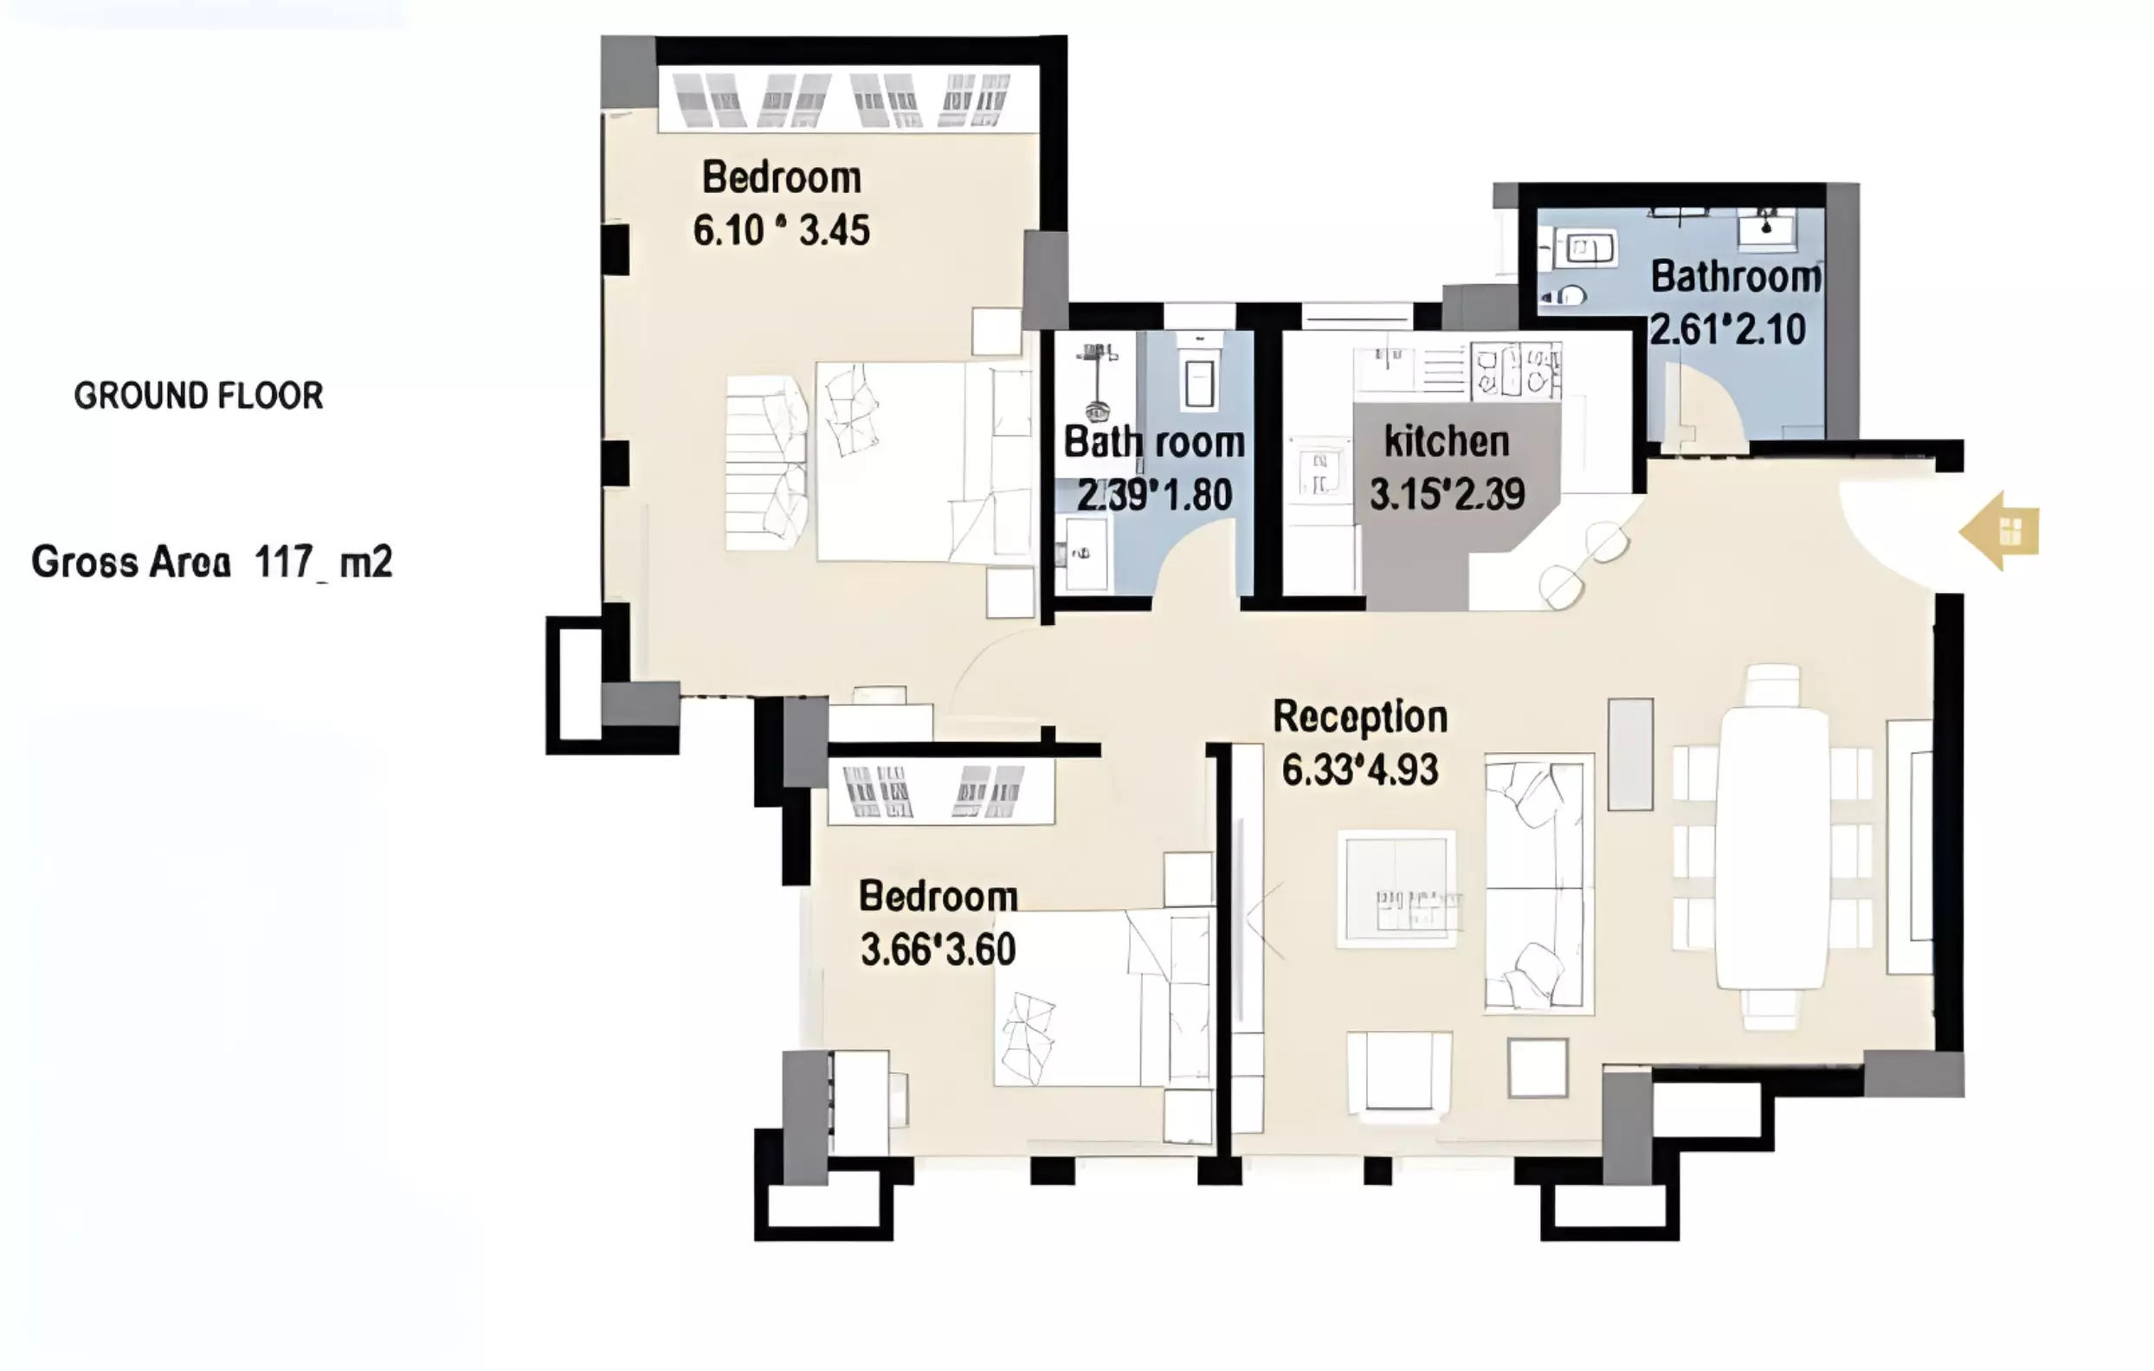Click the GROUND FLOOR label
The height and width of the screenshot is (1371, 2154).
pos(198,396)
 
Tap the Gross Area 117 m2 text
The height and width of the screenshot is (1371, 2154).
pos(212,563)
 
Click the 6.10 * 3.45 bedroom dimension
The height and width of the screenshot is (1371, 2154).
pos(781,231)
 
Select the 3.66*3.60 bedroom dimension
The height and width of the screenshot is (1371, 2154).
pos(938,949)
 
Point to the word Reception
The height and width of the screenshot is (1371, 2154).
pos(1359,718)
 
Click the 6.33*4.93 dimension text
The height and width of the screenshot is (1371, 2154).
pos(1359,770)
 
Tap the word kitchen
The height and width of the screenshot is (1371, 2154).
pos(1447,441)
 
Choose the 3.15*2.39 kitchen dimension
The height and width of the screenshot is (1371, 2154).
pos(1448,494)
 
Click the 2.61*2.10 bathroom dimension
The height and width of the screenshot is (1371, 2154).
pos(1728,330)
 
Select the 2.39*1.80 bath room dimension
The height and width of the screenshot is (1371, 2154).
pos(1154,495)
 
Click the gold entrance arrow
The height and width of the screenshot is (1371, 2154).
pos(1999,531)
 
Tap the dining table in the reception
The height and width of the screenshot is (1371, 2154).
pos(1773,848)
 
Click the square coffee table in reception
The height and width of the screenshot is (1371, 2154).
pos(1396,889)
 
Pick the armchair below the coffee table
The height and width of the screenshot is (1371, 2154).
pos(1400,1076)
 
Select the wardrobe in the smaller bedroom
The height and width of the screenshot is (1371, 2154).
pos(940,790)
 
